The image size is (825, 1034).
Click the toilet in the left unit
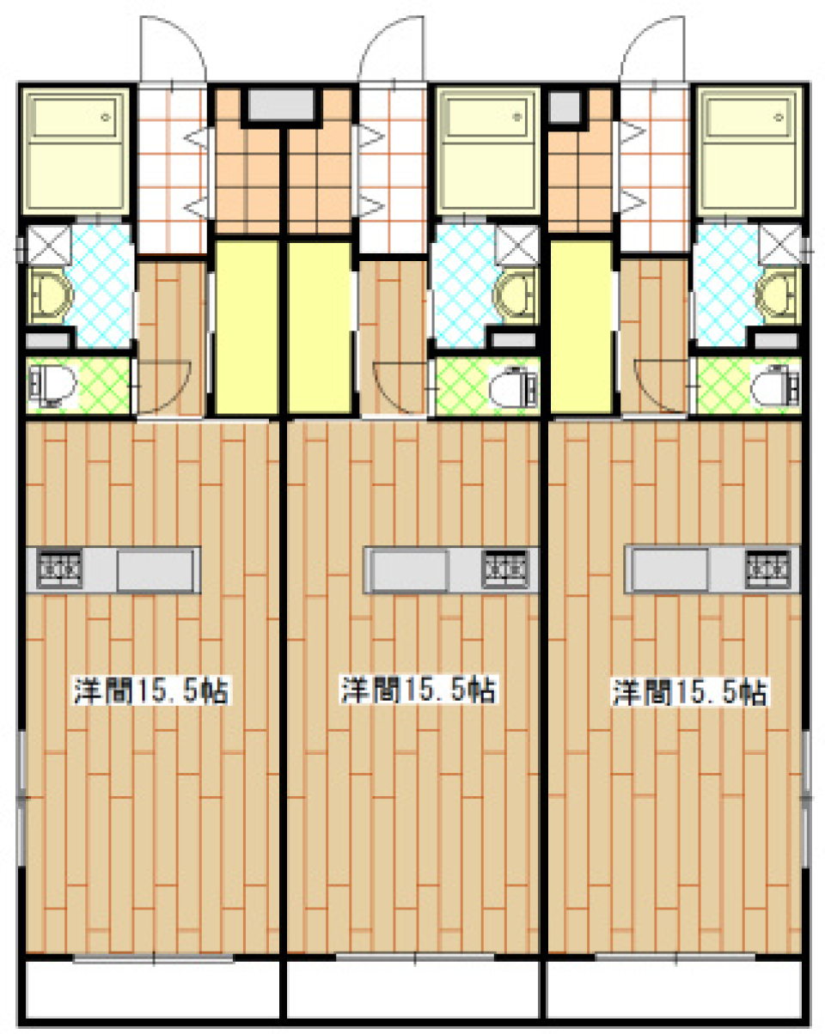click(x=53, y=386)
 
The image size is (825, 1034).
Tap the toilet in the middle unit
click(x=512, y=387)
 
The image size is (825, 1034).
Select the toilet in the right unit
click(x=774, y=386)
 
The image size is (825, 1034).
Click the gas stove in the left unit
click(x=59, y=570)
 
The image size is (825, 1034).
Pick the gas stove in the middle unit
click(x=504, y=570)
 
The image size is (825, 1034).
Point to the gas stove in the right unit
click(x=767, y=569)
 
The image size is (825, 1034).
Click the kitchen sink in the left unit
click(x=156, y=570)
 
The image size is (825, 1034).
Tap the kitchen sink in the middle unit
click(x=409, y=570)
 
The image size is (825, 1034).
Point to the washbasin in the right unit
click(x=778, y=294)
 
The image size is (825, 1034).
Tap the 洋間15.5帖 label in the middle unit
click(x=419, y=690)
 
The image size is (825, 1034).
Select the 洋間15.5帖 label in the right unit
click(x=689, y=692)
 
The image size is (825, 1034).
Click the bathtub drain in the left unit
click(x=106, y=117)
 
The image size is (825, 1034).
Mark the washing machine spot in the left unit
click(x=49, y=245)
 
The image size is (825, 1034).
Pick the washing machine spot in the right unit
click(x=779, y=244)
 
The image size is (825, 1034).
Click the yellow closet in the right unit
click(x=581, y=326)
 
